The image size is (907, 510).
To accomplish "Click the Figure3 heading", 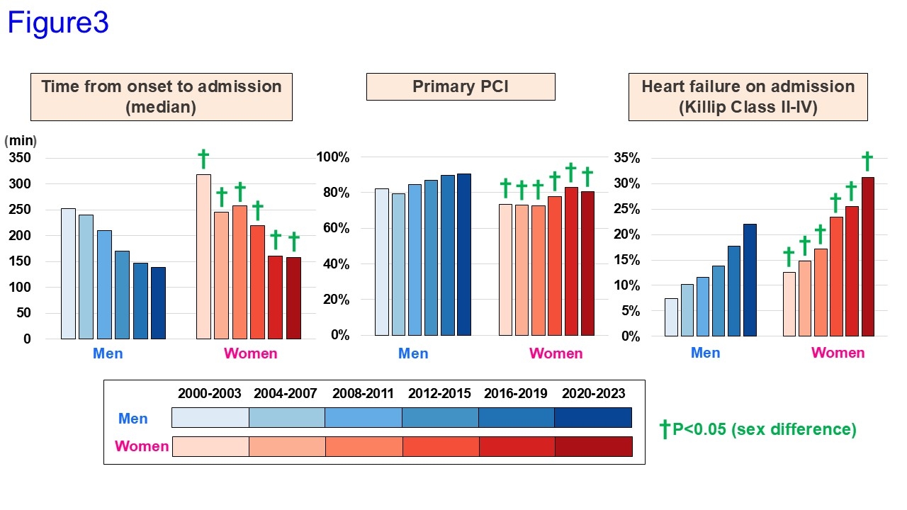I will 58,23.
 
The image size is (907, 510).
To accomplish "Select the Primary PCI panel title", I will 461,86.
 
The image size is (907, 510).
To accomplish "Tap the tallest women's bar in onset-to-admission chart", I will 203,256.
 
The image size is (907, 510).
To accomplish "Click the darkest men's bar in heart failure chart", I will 750,280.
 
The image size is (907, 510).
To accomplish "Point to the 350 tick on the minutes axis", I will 20,157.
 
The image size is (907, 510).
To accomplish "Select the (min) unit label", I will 21,140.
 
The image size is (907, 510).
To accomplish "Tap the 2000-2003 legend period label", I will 210,394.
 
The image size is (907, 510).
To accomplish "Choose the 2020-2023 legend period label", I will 593,394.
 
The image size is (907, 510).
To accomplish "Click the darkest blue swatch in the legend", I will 592,418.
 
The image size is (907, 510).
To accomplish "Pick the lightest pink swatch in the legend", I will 210,446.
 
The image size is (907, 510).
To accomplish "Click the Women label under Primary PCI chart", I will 556,353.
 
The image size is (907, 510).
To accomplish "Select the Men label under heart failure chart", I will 705,353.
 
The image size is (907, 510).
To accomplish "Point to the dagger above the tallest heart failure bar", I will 867,161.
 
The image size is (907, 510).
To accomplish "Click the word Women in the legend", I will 142,446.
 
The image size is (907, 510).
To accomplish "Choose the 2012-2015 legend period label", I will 439,394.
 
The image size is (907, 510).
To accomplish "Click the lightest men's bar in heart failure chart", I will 671,317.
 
